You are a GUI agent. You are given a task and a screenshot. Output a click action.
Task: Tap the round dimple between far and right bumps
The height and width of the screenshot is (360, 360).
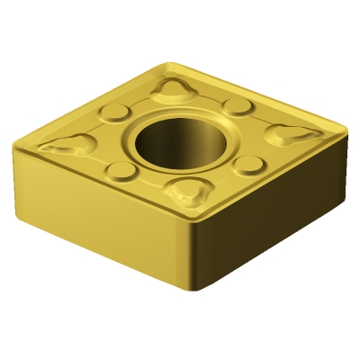[x=237, y=107]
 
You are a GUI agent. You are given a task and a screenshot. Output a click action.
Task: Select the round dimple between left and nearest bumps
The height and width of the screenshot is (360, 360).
[x=119, y=171]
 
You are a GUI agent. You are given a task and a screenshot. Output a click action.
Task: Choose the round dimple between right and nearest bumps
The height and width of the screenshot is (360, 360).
[x=247, y=164]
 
